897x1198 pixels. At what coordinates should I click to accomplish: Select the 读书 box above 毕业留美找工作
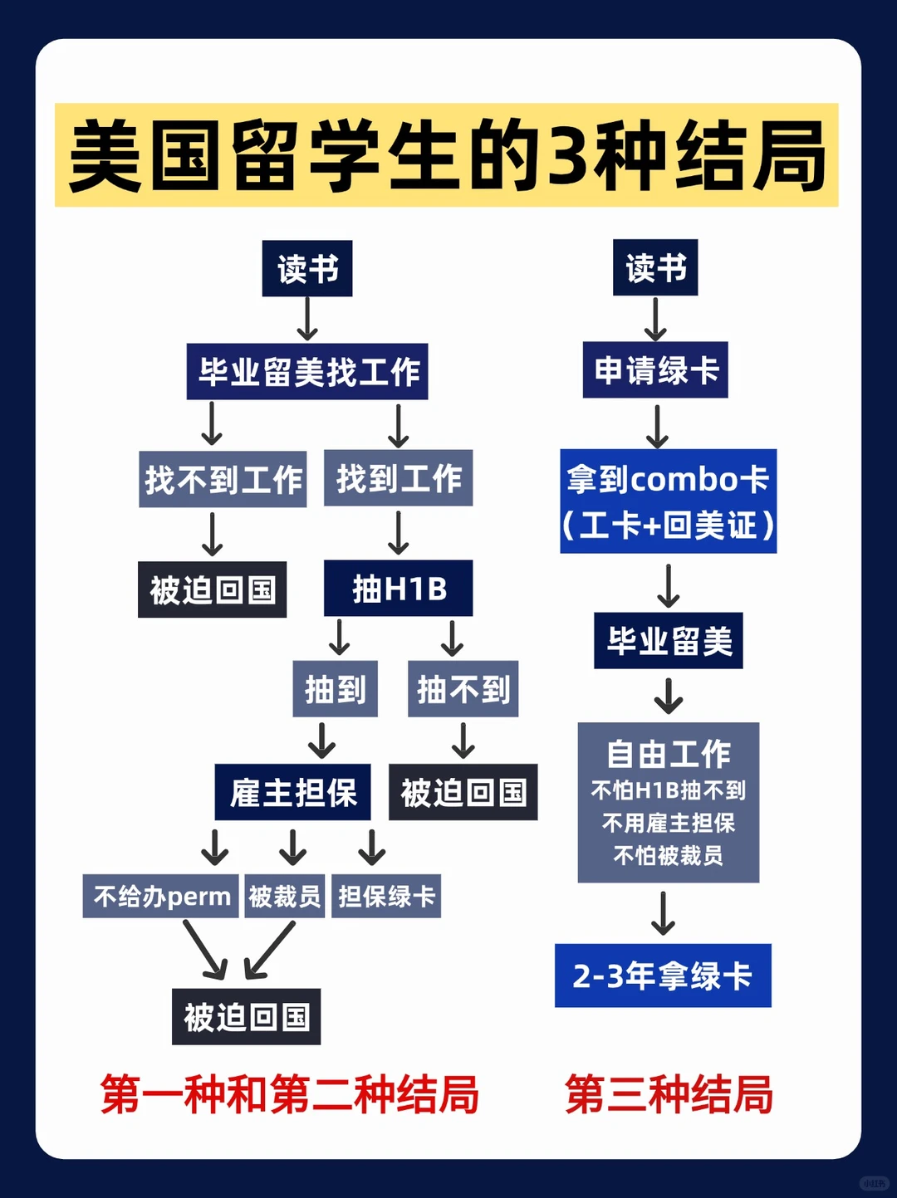[x=307, y=269]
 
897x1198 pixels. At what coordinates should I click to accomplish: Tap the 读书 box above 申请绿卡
[x=655, y=268]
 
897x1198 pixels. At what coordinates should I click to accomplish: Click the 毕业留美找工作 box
[x=307, y=372]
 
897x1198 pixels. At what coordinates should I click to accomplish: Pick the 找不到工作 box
[x=223, y=480]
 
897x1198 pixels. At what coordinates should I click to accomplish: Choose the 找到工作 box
[x=399, y=479]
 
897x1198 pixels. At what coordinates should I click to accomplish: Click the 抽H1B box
[x=399, y=589]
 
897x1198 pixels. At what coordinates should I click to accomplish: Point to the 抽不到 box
[x=463, y=689]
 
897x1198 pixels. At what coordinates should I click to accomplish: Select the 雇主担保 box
[x=292, y=793]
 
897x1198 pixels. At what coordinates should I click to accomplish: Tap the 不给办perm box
[x=161, y=897]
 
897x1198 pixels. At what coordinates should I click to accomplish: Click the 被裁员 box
[x=284, y=897]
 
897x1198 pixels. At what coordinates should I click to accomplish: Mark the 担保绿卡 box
[x=386, y=897]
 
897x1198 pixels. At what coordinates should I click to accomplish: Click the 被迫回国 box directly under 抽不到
[x=463, y=793]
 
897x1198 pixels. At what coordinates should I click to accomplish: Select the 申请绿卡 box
[x=655, y=370]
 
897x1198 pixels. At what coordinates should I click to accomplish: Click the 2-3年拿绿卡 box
[x=663, y=976]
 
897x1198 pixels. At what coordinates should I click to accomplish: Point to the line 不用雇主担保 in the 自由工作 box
[x=669, y=823]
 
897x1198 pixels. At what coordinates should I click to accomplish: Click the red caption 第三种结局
[x=669, y=1094]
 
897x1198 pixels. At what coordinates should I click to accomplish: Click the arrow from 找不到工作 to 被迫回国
[x=213, y=534]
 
